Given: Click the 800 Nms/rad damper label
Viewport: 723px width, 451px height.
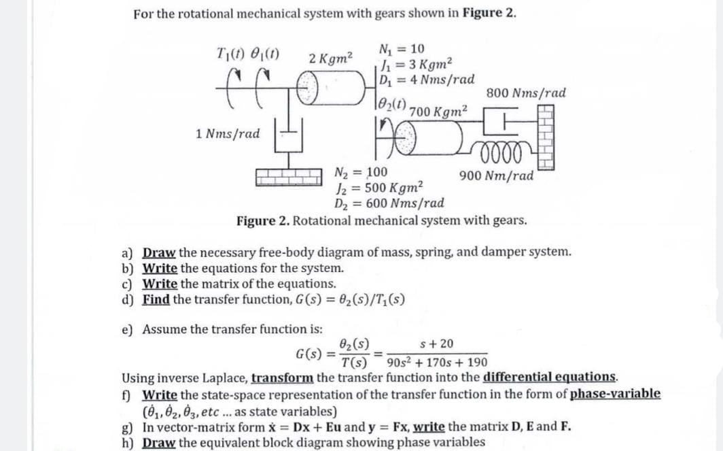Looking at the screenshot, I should (x=527, y=93).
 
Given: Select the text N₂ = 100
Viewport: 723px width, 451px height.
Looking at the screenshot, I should (x=362, y=171).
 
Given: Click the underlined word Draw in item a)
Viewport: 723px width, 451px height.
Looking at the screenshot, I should (x=160, y=252).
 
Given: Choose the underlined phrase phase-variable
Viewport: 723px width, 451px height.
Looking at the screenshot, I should (x=615, y=394).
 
